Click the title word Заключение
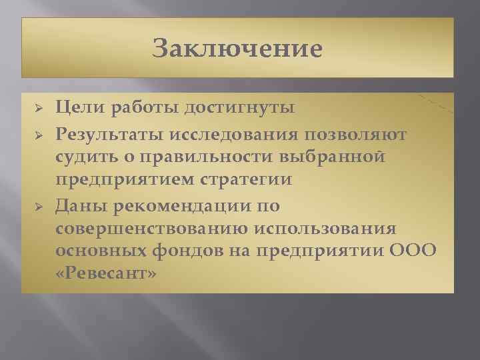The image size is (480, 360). click(237, 48)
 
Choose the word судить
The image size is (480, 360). click(83, 159)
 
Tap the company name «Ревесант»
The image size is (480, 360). click(107, 273)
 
